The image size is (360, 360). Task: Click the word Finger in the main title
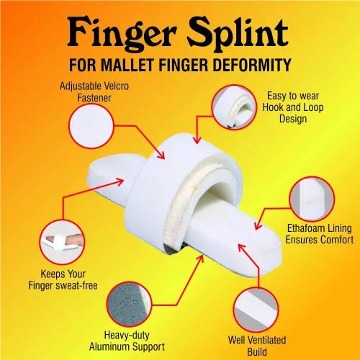[x=122, y=34]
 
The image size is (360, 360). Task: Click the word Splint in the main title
[x=238, y=33]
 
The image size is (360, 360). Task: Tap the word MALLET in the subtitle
[x=127, y=65]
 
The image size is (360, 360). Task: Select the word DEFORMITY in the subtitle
[x=252, y=65]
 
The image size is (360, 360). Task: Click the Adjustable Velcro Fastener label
[x=94, y=92]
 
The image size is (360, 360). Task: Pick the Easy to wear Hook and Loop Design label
[x=293, y=107]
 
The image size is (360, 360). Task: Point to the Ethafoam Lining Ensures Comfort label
[x=319, y=234]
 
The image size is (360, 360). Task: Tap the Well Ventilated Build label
[x=257, y=346]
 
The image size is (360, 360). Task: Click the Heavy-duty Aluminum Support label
[x=127, y=341]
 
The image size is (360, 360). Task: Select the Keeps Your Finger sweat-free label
[x=63, y=279]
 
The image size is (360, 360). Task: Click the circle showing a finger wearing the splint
[x=62, y=242]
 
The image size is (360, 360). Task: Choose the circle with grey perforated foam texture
[x=129, y=305]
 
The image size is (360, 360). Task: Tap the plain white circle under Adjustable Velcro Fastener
[x=91, y=126]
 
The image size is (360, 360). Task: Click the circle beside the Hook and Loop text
[x=234, y=107]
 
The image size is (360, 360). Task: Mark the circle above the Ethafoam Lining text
[x=312, y=199]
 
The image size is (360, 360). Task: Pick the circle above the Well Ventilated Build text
[x=256, y=310]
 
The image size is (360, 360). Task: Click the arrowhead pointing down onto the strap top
[x=197, y=140]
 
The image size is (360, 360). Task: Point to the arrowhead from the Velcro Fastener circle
[x=161, y=155]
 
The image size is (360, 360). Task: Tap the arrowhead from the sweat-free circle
[x=120, y=181]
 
